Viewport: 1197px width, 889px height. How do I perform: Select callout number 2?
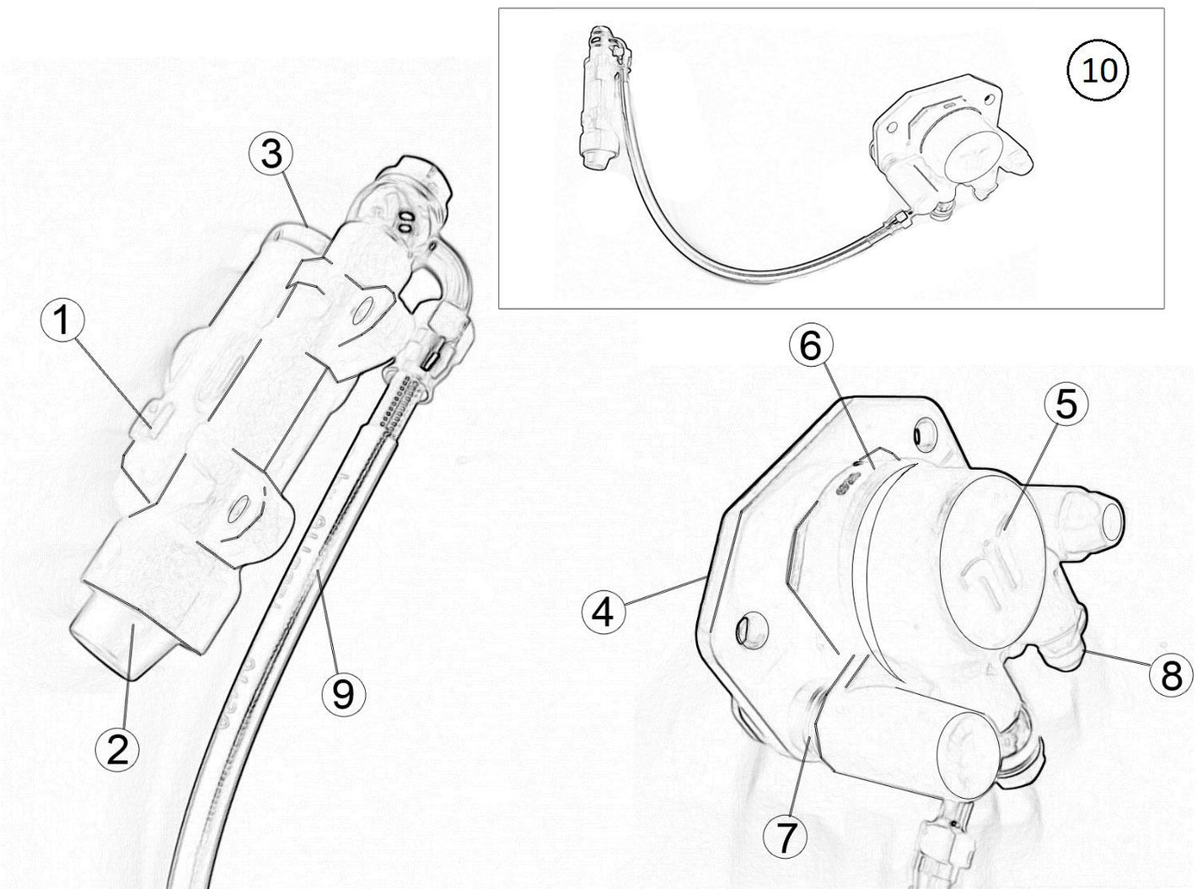(x=117, y=749)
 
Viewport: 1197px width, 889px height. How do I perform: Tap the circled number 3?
(x=271, y=155)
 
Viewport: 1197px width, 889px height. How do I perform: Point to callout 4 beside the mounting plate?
(x=604, y=612)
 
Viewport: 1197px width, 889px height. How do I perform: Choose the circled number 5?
(x=1066, y=406)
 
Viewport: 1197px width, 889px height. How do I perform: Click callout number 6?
(x=810, y=347)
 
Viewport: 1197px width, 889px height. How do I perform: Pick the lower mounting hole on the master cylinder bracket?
(x=240, y=510)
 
